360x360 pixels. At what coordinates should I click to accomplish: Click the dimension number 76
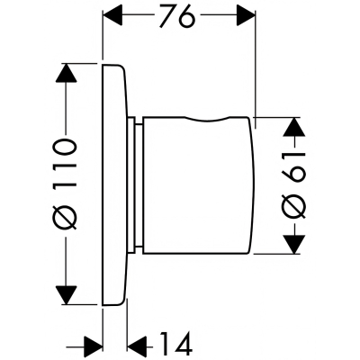coord(176,15)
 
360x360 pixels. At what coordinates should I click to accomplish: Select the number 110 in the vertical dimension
coord(64,164)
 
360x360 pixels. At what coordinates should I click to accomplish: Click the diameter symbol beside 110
coord(64,214)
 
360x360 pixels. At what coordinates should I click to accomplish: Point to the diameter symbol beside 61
coord(294,206)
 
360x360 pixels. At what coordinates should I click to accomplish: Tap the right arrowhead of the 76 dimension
coord(247,14)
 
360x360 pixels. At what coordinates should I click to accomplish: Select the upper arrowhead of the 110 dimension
coord(66,73)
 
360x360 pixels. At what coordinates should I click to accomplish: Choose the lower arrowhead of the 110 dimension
coord(66,294)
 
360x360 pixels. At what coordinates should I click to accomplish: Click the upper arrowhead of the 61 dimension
coord(293,127)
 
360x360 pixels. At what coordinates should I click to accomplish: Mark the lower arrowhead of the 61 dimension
coord(293,245)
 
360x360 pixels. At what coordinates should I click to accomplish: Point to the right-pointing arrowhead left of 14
coord(93,347)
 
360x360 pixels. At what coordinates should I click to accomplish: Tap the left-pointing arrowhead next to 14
coord(137,347)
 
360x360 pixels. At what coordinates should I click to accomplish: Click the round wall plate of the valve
coord(115,184)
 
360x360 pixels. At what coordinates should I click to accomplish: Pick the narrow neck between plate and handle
coord(135,185)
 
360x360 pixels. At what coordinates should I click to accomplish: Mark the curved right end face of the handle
coord(252,185)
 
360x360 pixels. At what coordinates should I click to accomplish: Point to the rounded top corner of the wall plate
coord(121,67)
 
